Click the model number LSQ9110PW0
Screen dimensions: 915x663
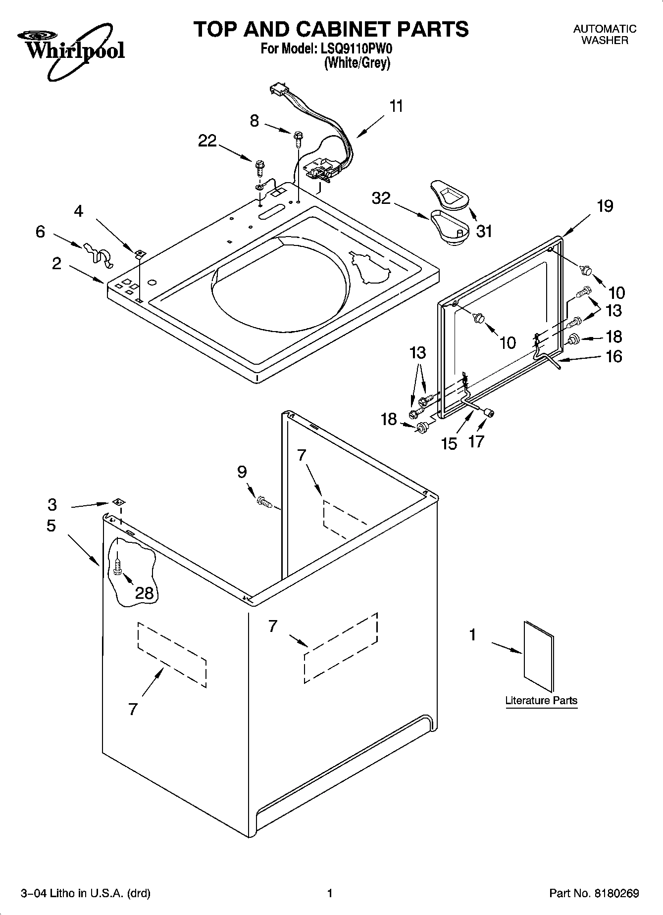(355, 49)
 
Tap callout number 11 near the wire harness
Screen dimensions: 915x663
(396, 107)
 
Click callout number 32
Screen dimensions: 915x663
(381, 198)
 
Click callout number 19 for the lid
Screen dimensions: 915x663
(605, 206)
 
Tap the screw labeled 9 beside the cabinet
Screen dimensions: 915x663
(264, 503)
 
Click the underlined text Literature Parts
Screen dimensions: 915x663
(541, 701)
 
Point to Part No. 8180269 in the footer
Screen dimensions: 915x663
(594, 894)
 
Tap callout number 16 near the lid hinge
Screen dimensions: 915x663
(614, 356)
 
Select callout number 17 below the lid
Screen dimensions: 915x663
(476, 441)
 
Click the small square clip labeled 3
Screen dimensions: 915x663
(118, 502)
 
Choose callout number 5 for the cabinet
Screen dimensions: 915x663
(51, 526)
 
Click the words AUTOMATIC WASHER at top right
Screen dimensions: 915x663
(605, 35)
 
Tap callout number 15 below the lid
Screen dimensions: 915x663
(449, 443)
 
